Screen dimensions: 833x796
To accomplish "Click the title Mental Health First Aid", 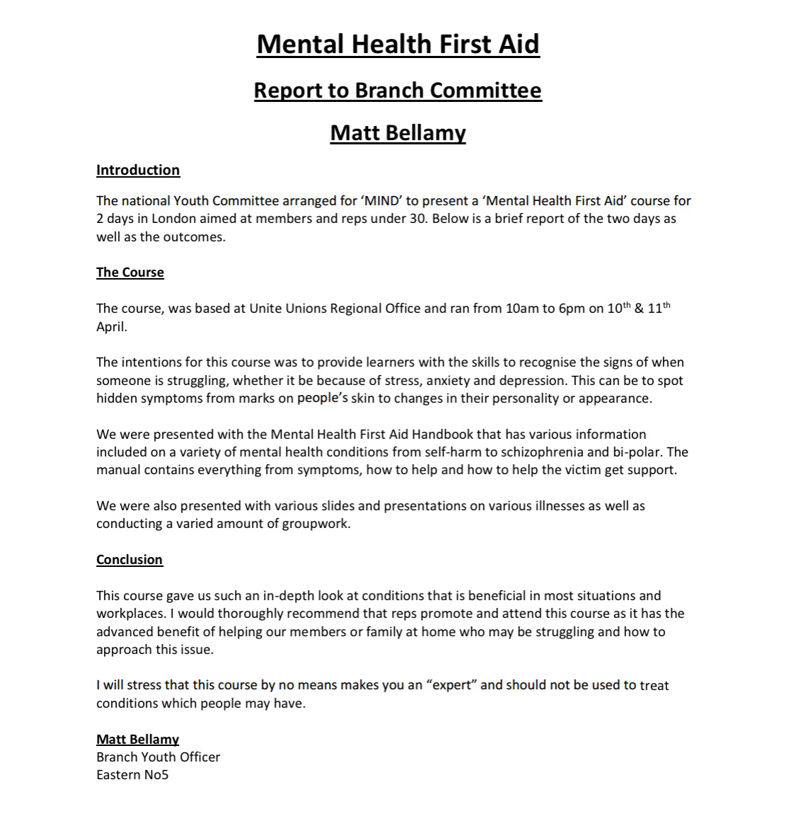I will [398, 45].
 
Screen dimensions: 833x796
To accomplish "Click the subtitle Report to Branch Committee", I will [398, 91].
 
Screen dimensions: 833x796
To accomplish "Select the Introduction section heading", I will [138, 170].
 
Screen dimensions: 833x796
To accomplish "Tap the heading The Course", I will [130, 272].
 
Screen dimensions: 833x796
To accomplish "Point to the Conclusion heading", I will [129, 560].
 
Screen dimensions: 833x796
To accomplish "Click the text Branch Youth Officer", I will [158, 757].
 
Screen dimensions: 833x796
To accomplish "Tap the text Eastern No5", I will [132, 775].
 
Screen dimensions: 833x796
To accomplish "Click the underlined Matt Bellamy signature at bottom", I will [138, 740].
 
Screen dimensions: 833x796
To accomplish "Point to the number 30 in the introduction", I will [417, 219].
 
